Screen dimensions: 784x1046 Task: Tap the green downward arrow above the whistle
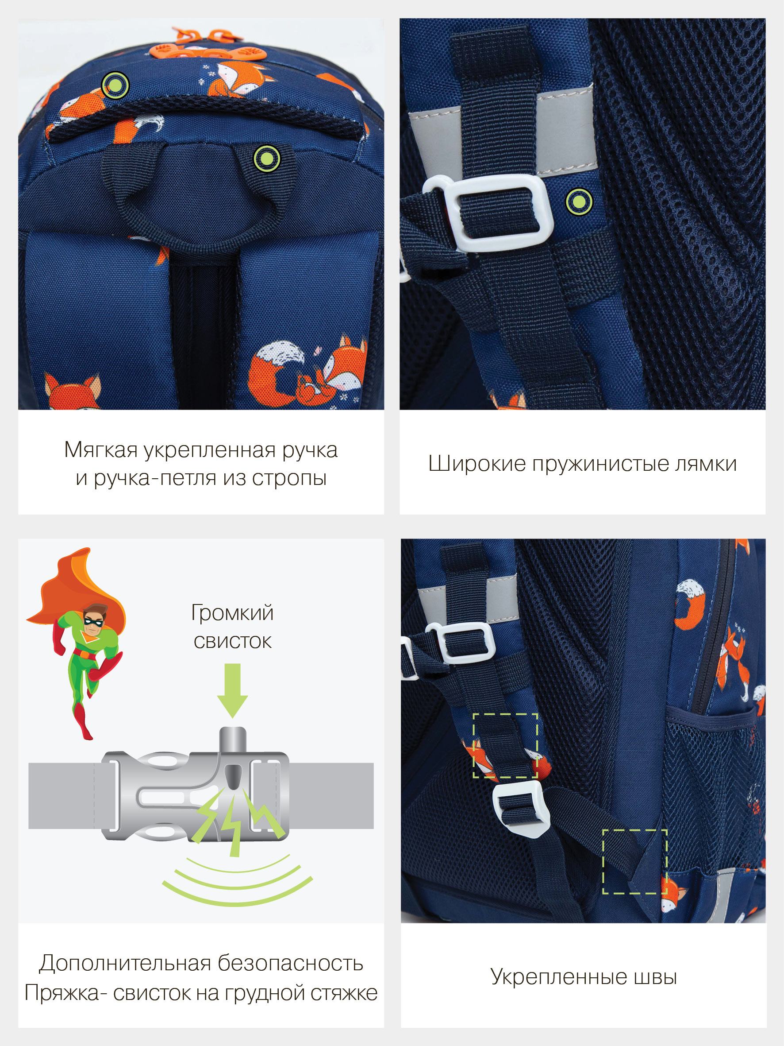[233, 690]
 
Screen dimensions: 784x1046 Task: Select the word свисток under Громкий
[233, 642]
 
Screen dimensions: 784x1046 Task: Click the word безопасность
[290, 963]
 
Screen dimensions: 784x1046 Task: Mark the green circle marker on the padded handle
[115, 85]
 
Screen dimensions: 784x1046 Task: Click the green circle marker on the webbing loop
[267, 159]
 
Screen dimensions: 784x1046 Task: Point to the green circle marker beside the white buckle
[579, 201]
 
